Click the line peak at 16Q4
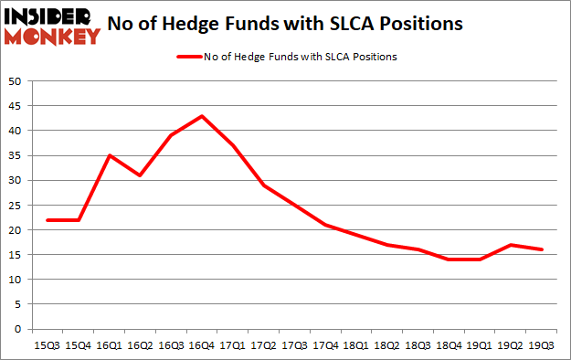(x=202, y=116)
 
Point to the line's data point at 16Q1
(x=110, y=155)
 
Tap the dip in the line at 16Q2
(x=141, y=175)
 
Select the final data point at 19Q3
(x=543, y=249)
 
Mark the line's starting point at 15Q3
(x=48, y=220)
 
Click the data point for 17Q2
(x=264, y=185)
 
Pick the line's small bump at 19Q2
(x=512, y=245)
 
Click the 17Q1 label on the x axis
(x=233, y=346)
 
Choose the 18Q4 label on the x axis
(x=449, y=346)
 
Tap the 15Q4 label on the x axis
(x=79, y=346)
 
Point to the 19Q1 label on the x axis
(x=481, y=346)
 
